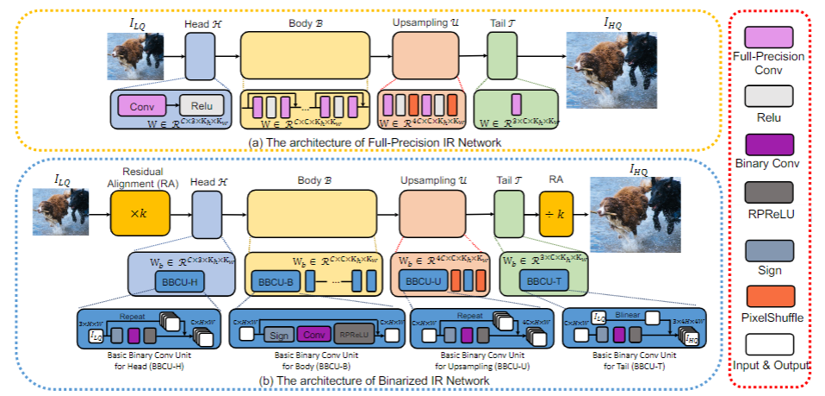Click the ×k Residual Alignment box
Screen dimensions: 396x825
point(134,211)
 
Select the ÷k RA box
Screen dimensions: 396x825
point(556,211)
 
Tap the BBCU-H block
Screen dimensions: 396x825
point(179,282)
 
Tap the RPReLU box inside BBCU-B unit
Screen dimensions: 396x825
point(351,333)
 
